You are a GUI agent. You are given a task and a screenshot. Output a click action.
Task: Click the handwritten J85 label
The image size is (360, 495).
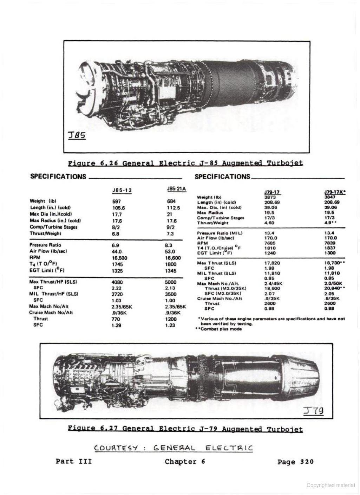coord(77,135)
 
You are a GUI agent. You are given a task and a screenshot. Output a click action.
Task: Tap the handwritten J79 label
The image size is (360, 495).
coord(314,411)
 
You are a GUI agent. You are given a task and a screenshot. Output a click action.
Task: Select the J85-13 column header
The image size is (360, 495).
coord(122,191)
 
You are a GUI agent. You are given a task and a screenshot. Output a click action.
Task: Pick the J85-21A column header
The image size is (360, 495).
coord(177,189)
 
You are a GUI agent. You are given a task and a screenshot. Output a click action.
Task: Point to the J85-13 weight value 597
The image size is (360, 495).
coord(116,201)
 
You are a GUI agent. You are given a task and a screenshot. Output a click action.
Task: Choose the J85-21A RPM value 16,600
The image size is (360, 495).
coord(173,258)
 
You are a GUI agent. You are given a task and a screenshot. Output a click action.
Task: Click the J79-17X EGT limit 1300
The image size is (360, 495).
coord(330,253)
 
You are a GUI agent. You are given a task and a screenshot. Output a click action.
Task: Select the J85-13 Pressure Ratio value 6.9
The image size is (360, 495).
coord(115,245)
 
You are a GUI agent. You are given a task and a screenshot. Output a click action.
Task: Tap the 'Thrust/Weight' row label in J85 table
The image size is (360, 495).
coord(45,233)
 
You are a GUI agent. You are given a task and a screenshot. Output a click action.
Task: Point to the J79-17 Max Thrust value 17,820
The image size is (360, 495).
coord(272,263)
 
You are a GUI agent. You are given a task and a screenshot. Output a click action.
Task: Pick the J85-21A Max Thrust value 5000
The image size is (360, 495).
coord(170,282)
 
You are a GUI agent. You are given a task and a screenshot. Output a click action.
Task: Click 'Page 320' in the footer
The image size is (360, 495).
coord(295,462)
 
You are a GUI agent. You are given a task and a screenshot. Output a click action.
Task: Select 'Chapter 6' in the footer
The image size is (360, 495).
coord(185,462)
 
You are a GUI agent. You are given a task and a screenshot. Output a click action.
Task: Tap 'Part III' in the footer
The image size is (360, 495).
coord(74,462)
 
